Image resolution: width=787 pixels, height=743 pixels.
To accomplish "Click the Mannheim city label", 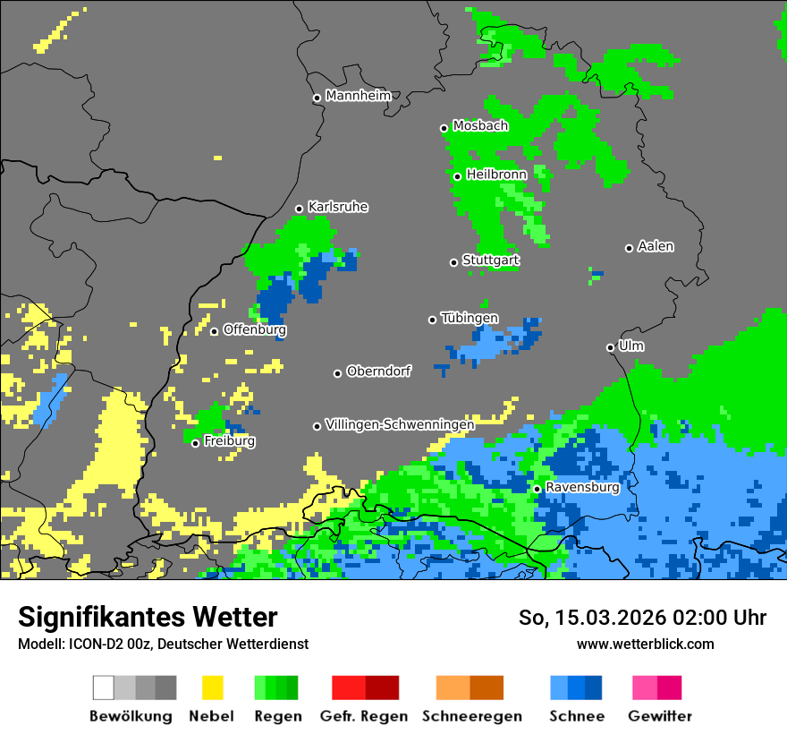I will click(359, 96).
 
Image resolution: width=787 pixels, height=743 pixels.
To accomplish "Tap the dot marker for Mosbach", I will click(444, 128).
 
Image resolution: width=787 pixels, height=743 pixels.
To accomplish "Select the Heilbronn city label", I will click(496, 175).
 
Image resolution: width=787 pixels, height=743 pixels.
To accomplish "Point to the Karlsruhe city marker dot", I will click(300, 209).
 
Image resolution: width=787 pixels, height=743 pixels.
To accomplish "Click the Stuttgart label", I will click(491, 260).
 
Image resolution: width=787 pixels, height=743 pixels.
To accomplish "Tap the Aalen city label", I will click(656, 246).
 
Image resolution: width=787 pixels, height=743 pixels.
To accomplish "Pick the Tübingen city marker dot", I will click(433, 320).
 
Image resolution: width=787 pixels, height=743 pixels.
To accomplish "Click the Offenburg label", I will click(255, 329).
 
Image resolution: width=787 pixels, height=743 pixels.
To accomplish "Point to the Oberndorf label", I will click(379, 371).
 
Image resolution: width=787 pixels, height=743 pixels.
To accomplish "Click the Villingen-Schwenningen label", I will click(399, 424).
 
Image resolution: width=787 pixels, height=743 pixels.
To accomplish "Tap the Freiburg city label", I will click(230, 441).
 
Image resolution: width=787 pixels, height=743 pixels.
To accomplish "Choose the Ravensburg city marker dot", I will click(537, 489).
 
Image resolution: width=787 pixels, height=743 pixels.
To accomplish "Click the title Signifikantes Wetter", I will click(148, 618).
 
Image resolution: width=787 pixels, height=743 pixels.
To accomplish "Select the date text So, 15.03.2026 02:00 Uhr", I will click(642, 618).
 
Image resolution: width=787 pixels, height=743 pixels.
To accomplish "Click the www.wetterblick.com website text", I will click(645, 645).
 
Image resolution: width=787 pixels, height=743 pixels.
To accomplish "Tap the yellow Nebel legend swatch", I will click(212, 687).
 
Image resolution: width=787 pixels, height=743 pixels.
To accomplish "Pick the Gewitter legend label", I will click(660, 716).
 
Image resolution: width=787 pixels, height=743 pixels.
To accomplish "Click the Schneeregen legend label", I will click(472, 716).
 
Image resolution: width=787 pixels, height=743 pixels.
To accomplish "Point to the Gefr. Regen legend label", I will click(364, 716).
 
